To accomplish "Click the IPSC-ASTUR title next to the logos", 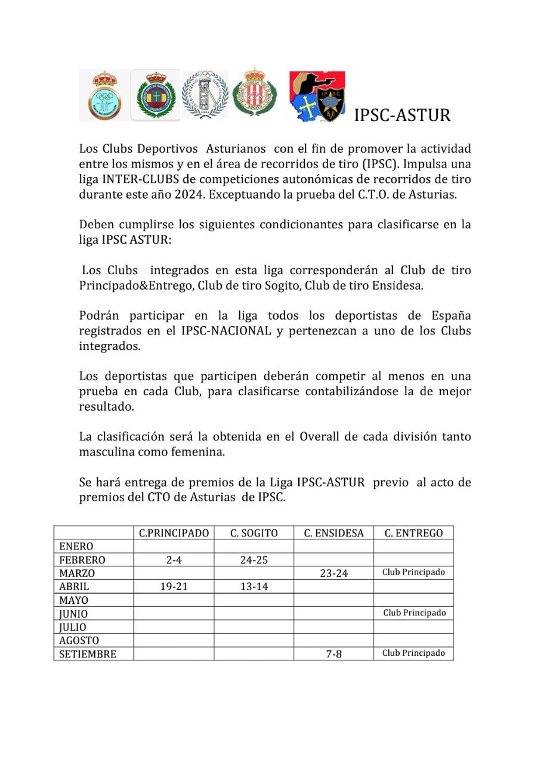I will (x=402, y=115).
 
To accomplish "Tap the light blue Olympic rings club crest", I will (x=104, y=95).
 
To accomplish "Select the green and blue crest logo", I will (x=156, y=95).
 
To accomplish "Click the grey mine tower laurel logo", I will (x=205, y=94).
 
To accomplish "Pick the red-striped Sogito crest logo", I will (x=255, y=92).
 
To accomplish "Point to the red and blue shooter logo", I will (x=317, y=96).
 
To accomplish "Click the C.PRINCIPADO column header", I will (x=174, y=533).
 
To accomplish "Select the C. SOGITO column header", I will (x=254, y=533).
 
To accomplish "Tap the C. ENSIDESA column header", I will (x=333, y=533).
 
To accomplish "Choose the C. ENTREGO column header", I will (x=413, y=533).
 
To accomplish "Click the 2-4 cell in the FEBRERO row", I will (x=174, y=560).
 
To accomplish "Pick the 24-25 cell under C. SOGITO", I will (x=254, y=560).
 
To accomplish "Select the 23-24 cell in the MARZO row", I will (x=333, y=573).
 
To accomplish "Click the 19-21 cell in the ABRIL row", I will (x=174, y=587).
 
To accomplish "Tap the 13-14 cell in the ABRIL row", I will (x=254, y=587).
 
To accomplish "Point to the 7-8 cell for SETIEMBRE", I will (x=333, y=654).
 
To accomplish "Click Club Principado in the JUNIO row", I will (x=414, y=613).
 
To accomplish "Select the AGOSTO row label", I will (x=79, y=641).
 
